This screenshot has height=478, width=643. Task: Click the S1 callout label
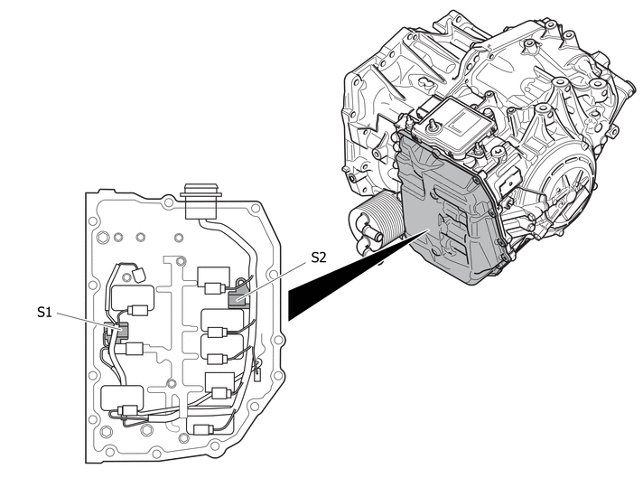click(44, 312)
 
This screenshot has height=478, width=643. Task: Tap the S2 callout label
click(319, 258)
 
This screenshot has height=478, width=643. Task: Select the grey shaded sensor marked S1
click(116, 332)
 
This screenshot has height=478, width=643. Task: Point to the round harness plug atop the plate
click(200, 201)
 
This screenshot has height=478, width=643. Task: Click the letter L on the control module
click(459, 123)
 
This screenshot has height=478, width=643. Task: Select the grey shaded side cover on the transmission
click(447, 210)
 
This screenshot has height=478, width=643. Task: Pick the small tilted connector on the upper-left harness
click(139, 274)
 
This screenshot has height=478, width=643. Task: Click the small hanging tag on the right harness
click(258, 374)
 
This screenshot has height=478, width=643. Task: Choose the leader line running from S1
click(89, 321)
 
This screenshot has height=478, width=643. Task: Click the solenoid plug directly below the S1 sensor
click(134, 349)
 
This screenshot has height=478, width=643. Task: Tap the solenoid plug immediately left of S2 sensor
click(213, 288)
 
